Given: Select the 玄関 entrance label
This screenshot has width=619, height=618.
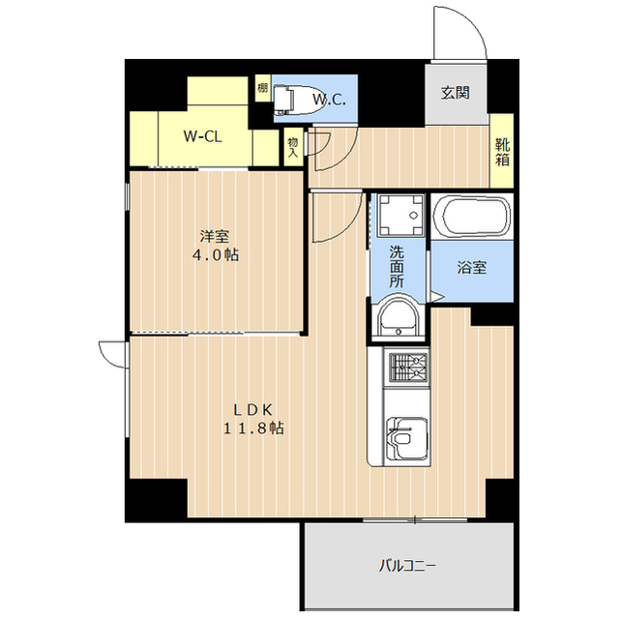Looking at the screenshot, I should click(456, 94).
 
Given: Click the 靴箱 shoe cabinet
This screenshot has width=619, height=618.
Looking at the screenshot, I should click(503, 151).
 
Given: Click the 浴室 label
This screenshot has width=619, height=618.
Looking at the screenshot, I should click(471, 268).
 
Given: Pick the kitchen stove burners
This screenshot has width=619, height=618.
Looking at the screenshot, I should click(406, 367).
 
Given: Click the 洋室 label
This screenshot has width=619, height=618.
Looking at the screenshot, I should click(214, 236).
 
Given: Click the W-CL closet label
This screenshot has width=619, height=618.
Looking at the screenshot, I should click(203, 136).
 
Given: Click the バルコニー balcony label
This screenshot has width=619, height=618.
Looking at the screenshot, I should click(406, 563).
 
